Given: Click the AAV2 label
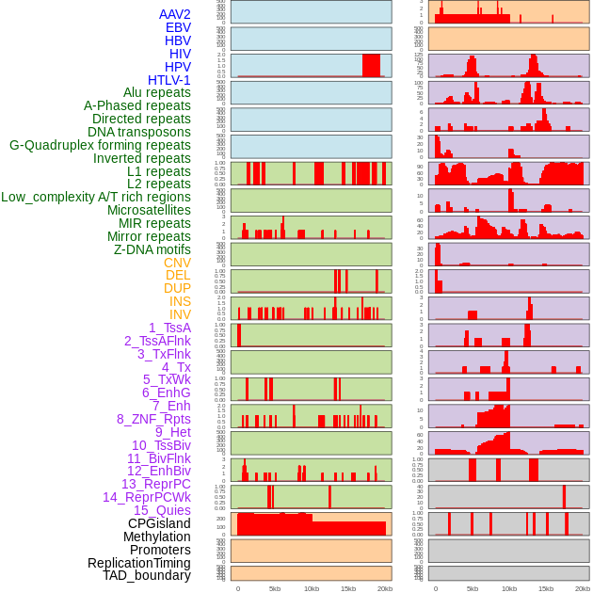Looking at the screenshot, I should point(174,14).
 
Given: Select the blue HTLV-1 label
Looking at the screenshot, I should point(168,80).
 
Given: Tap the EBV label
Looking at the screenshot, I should point(178,27).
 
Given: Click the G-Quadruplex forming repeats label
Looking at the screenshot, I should point(100,145).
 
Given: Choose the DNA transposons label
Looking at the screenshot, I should point(139,132).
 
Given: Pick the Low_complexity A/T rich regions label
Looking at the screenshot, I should point(96,197).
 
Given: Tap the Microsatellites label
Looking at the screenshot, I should point(149,210).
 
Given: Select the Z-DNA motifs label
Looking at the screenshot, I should point(152,249).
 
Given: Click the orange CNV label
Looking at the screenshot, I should point(177,263).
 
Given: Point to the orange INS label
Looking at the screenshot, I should point(180,301).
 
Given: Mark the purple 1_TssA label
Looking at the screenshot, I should point(169,328).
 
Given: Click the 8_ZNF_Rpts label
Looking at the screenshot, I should point(153,419).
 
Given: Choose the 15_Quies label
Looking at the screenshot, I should point(162,510).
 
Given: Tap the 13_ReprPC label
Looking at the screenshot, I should point(155,484).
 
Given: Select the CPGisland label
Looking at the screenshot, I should point(159,523).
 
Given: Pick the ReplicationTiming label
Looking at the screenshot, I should point(138,563).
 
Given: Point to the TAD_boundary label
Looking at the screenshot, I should point(146,575).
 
